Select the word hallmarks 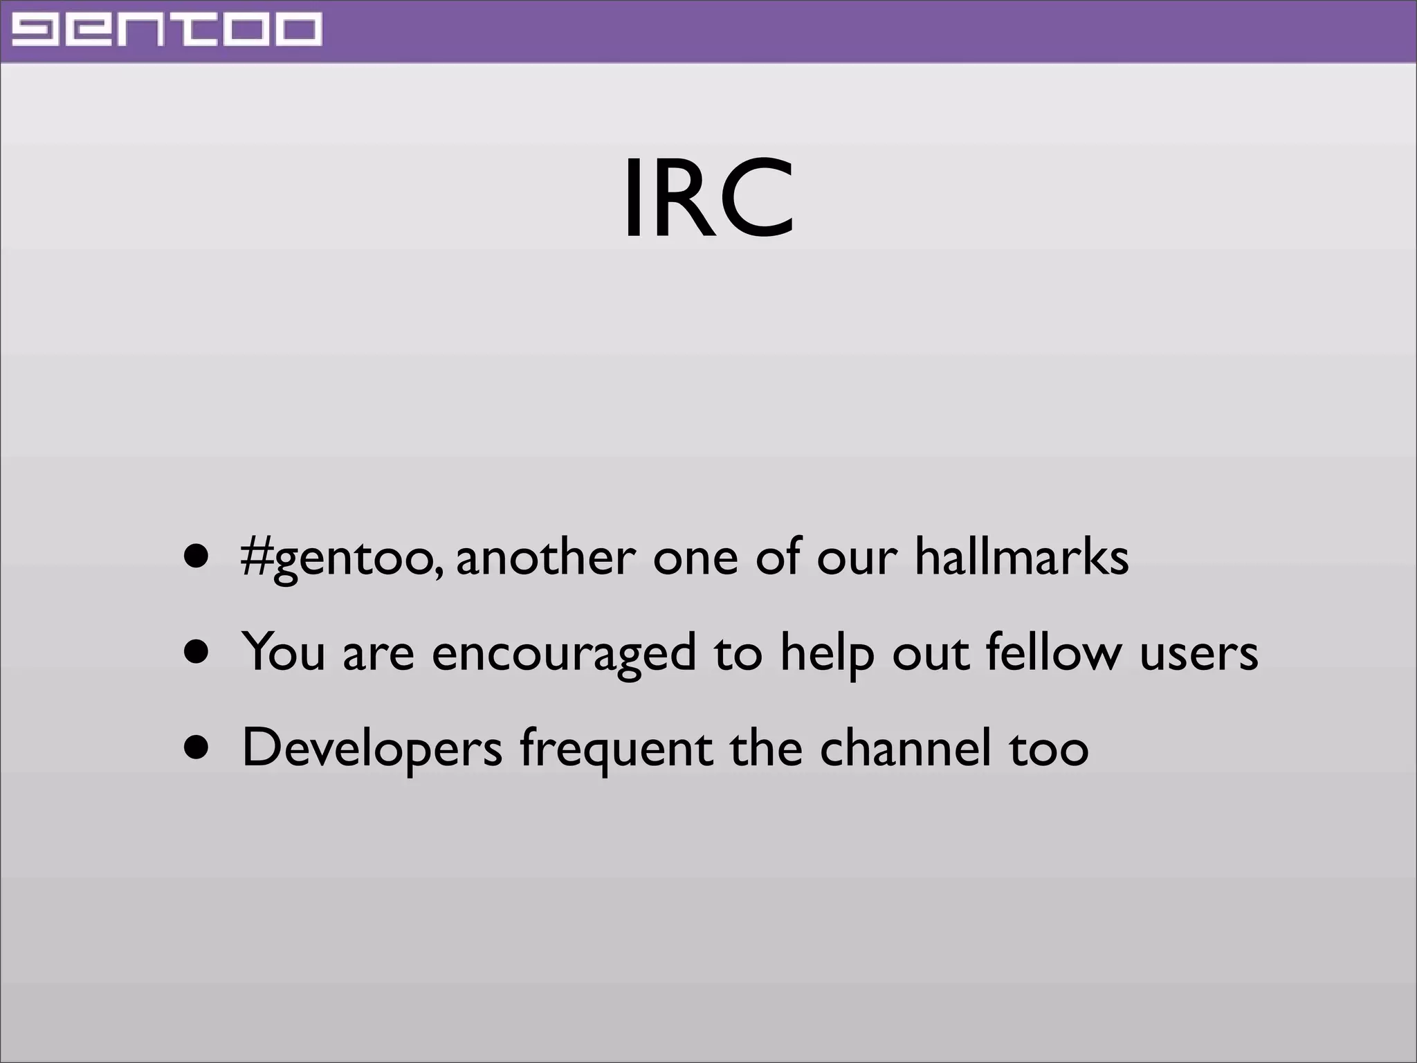[x=1022, y=556]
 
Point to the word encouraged [x=564, y=653]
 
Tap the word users [x=1198, y=653]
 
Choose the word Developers [x=372, y=749]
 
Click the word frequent [x=616, y=750]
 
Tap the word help [x=828, y=653]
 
